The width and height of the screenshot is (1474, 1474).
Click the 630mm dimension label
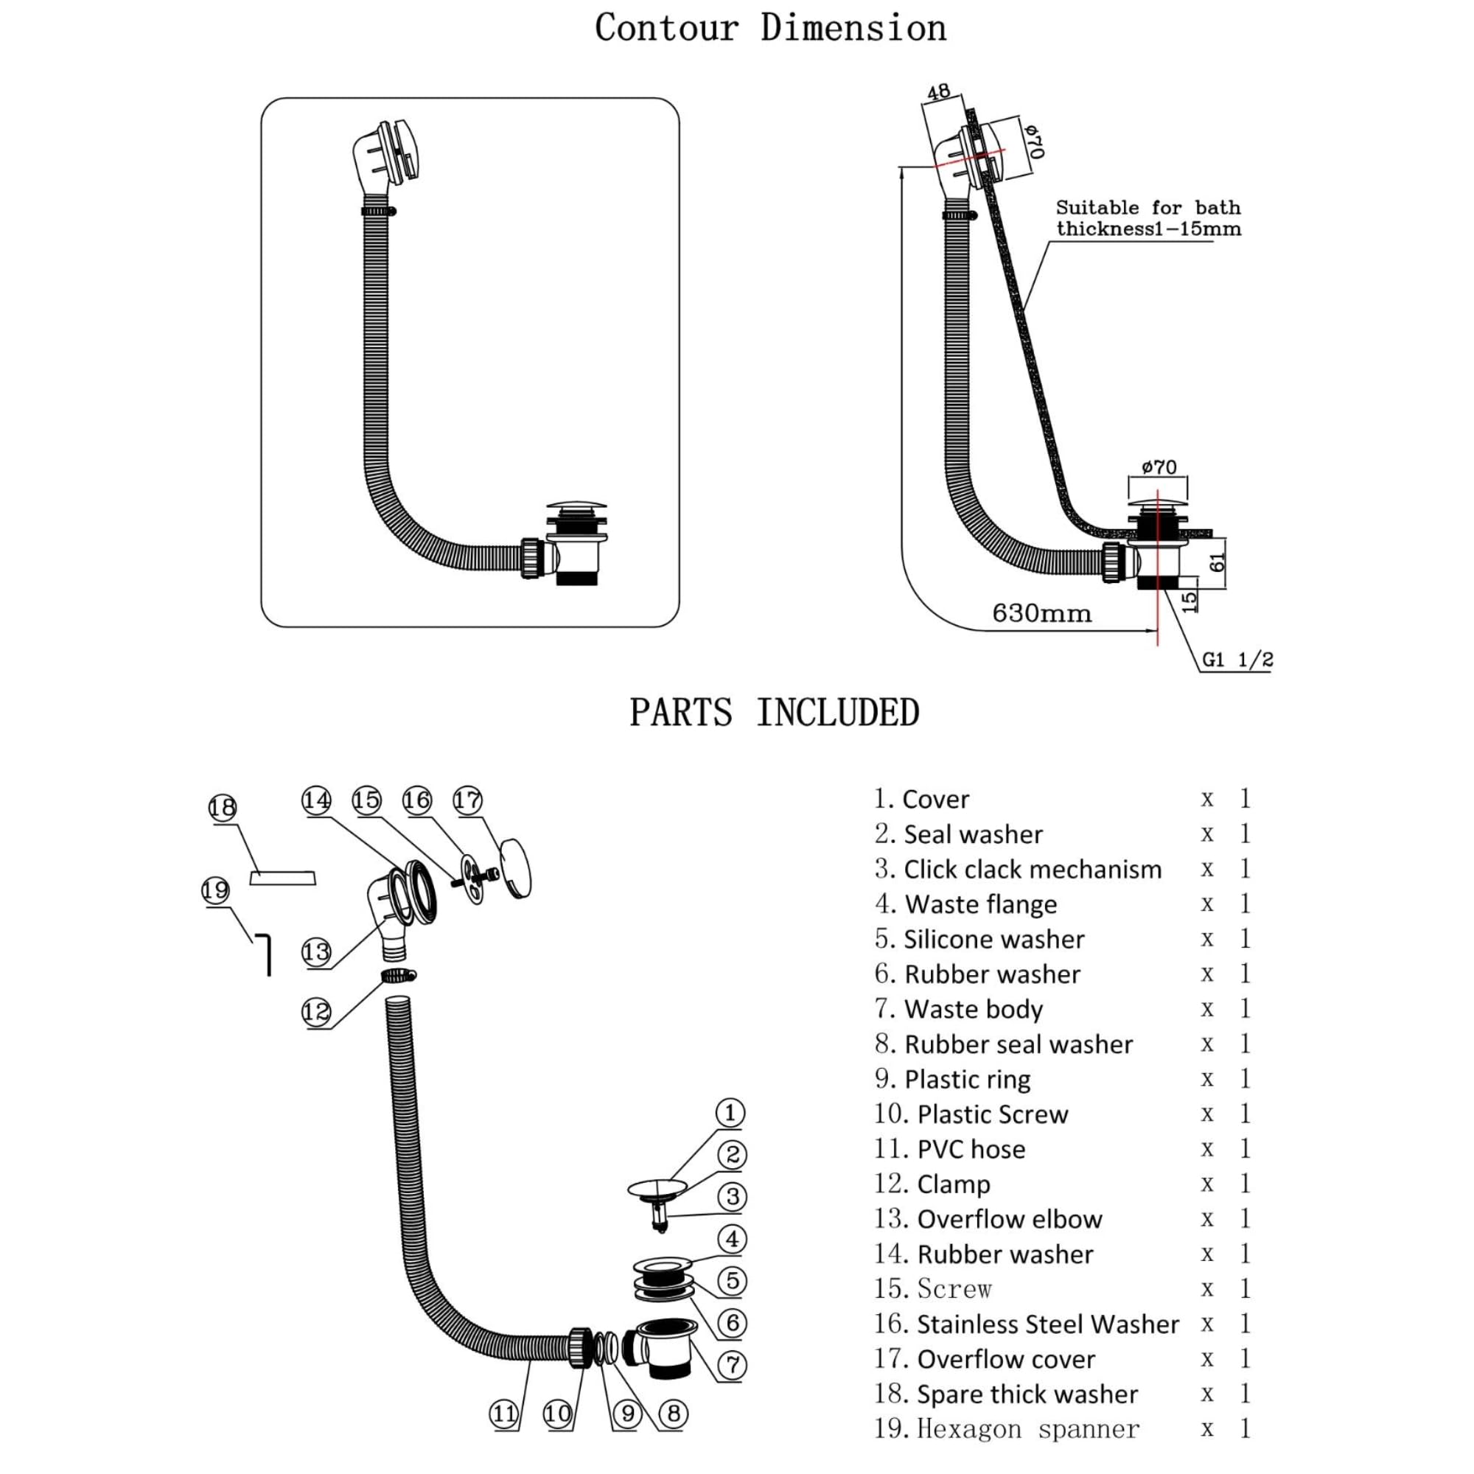pyautogui.click(x=1041, y=613)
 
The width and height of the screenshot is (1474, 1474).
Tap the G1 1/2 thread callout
pyautogui.click(x=1237, y=659)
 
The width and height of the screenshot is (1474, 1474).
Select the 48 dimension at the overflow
pyautogui.click(x=938, y=92)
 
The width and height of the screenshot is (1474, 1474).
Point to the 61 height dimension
pyautogui.click(x=1218, y=562)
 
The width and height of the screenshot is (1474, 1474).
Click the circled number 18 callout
pyautogui.click(x=222, y=807)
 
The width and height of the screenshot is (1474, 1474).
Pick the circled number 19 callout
pyautogui.click(x=215, y=890)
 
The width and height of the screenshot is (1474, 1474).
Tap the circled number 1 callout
pyautogui.click(x=730, y=1112)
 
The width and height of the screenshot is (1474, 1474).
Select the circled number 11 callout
pyautogui.click(x=503, y=1414)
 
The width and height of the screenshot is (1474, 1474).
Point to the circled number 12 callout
pyautogui.click(x=316, y=1012)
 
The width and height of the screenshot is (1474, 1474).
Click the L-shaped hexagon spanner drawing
pyautogui.click(x=262, y=954)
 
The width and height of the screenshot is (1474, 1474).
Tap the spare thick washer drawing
pyautogui.click(x=283, y=876)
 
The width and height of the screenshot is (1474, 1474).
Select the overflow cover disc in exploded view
pyautogui.click(x=515, y=867)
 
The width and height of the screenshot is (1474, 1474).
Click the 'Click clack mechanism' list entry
pyautogui.click(x=1019, y=869)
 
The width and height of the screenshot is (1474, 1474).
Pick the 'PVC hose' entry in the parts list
pyautogui.click(x=950, y=1149)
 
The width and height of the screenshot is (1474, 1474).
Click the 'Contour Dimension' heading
pyautogui.click(x=771, y=27)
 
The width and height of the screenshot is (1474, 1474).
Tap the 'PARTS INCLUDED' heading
pyautogui.click(x=775, y=713)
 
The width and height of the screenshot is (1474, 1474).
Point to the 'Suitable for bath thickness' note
pyautogui.click(x=1148, y=218)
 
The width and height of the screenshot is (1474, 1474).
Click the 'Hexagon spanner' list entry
pyautogui.click(x=1007, y=1429)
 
